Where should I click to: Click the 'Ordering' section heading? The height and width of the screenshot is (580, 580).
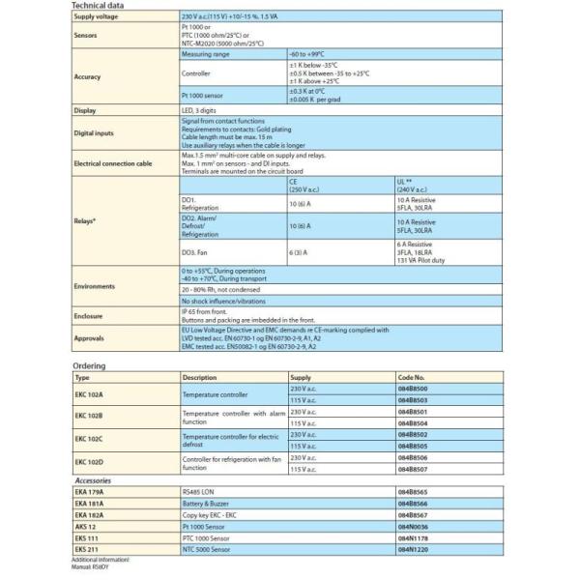pos(89,366)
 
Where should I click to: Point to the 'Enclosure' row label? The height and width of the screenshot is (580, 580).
pos(89,315)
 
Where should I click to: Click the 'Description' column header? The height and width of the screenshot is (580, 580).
pos(199,377)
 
